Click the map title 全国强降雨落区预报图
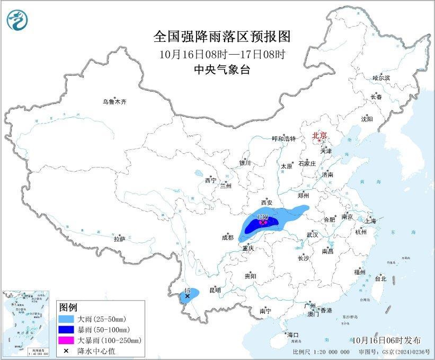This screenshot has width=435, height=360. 223,37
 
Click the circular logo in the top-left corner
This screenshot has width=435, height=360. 17,20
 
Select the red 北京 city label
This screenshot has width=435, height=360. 319,136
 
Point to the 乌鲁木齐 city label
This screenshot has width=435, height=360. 115,102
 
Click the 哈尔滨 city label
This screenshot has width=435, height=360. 380,78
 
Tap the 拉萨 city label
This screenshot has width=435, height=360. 119,239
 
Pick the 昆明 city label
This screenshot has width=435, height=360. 215,291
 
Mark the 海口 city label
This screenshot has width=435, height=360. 293,335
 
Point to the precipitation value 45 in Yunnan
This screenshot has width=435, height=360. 187,291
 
